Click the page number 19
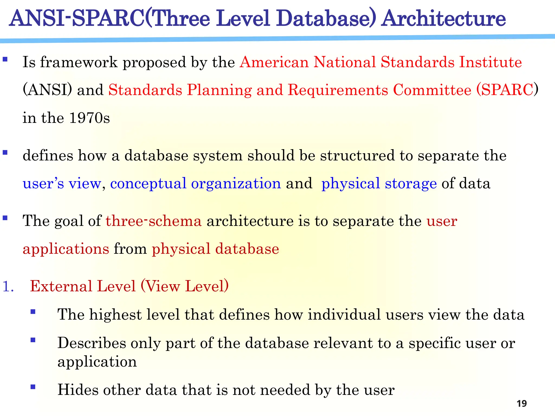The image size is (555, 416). [x=521, y=404]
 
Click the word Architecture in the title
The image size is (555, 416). [x=443, y=18]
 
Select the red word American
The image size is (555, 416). [x=274, y=62]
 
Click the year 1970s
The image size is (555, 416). [x=89, y=118]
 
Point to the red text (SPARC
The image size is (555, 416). [x=505, y=90]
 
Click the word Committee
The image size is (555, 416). [x=432, y=90]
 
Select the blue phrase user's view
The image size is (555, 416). [x=62, y=183]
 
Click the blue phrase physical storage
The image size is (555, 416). [x=379, y=184]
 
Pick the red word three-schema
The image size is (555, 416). [x=153, y=221]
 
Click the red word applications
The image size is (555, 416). [x=66, y=249]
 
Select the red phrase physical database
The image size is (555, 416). [x=215, y=249]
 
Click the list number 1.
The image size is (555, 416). [x=8, y=286]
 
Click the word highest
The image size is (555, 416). [x=115, y=315]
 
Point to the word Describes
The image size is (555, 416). [x=92, y=343]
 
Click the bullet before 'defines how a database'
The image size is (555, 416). [x=5, y=152]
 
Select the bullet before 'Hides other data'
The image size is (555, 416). [x=33, y=387]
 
